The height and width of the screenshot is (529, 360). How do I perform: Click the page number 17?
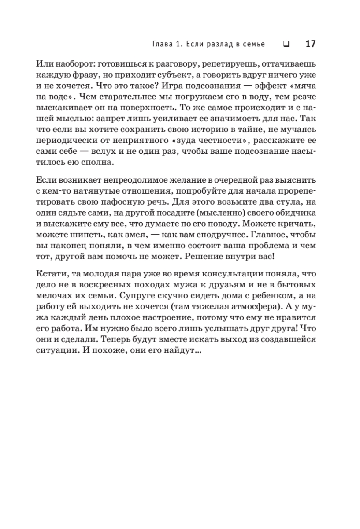coord(311,44)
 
